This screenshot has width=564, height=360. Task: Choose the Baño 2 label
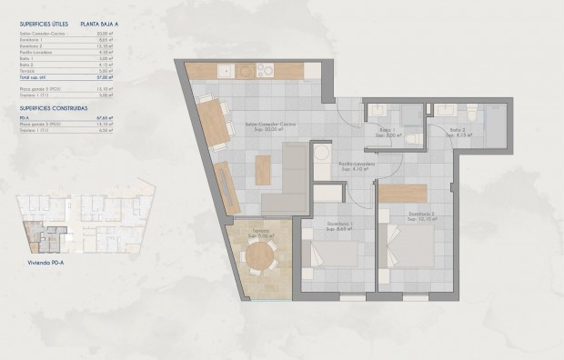[x=458, y=132]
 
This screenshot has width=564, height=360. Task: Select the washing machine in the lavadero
[x=321, y=156]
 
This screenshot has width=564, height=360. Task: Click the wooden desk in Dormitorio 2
[x=402, y=193]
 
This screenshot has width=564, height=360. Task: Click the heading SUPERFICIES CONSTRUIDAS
[x=53, y=106]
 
